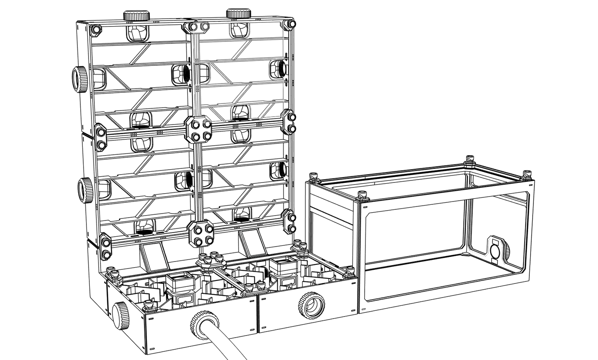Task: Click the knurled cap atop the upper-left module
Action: coord(136,16)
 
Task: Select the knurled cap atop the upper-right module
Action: coord(238,13)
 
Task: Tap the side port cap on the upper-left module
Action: coord(79,79)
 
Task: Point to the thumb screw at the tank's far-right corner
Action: coord(526,174)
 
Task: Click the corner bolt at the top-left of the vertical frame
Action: coord(96,30)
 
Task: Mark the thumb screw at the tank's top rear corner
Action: coord(470,159)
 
